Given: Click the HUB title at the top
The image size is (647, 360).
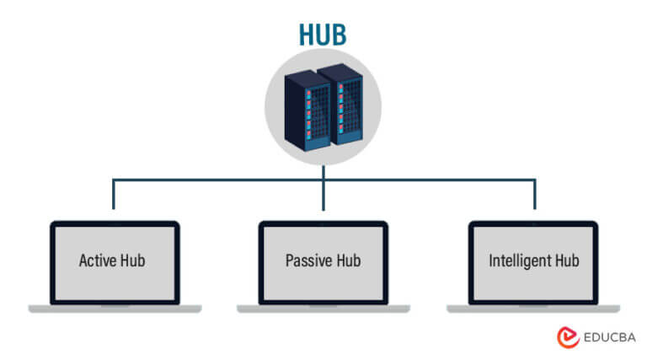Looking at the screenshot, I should click(323, 33).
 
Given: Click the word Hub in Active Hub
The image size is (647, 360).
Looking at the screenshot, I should click(131, 261).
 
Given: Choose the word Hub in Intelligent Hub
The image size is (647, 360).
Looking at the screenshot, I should click(564, 261).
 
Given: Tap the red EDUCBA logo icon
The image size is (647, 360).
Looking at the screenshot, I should click(567, 337).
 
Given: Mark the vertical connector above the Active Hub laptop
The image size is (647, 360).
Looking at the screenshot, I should click(113, 195).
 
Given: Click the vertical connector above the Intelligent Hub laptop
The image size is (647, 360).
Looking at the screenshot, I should click(534, 195).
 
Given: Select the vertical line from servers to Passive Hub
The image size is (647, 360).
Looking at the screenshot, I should click(323, 195).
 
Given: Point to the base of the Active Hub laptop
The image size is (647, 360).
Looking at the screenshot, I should click(114, 309).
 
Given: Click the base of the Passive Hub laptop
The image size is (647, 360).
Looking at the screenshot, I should click(323, 309).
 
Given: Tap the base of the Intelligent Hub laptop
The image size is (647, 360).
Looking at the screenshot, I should click(533, 309).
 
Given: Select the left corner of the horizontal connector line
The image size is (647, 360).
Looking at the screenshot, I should click(113, 180).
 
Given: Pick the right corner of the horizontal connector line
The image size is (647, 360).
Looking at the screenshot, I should click(534, 180).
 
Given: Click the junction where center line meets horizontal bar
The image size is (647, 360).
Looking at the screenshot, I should click(323, 180).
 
